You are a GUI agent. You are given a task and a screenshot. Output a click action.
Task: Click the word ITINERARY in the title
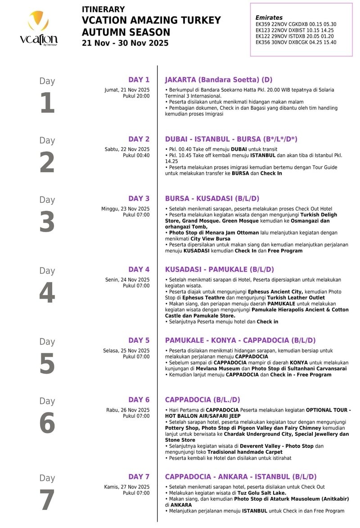click(103, 9)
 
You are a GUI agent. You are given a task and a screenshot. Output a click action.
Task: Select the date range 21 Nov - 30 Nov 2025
click(125, 43)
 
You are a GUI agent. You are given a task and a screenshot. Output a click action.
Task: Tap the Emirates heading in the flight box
click(269, 18)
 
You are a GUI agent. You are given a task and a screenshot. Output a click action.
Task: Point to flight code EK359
click(263, 24)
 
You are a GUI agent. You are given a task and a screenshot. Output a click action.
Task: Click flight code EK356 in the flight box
click(263, 42)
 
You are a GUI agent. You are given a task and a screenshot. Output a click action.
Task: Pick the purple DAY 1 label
click(139, 80)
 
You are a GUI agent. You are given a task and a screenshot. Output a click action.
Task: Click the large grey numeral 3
click(47, 222)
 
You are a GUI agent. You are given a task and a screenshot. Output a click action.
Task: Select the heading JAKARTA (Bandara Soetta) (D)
click(219, 80)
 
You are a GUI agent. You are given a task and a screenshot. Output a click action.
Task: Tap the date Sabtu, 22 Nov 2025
click(127, 149)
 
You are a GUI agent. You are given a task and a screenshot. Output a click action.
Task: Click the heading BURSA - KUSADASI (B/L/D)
click(212, 198)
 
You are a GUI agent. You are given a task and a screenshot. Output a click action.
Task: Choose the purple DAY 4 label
click(139, 269)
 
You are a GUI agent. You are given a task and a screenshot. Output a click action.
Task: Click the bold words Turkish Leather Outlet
click(296, 298)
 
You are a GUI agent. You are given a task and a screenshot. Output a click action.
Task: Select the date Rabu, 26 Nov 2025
click(127, 410)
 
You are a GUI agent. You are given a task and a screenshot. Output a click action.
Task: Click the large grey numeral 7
click(47, 500)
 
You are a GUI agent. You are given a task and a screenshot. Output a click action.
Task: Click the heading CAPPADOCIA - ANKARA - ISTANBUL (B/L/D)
click(241, 477)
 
